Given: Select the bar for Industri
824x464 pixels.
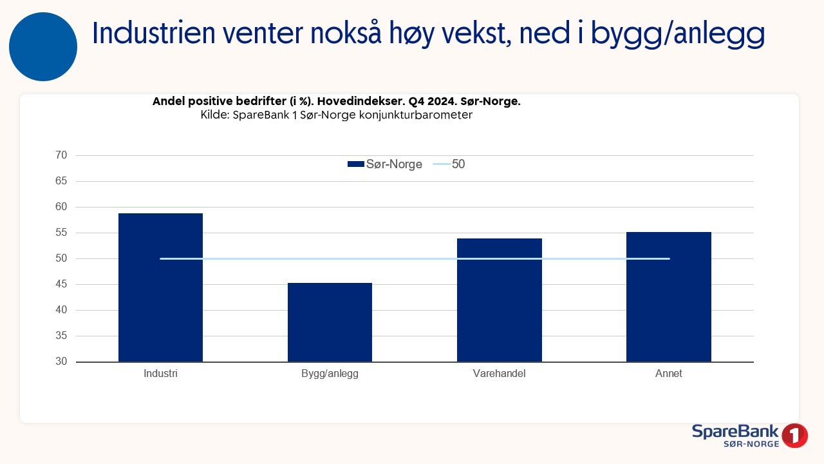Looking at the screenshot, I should (x=160, y=287).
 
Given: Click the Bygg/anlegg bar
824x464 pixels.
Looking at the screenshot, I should (x=330, y=322).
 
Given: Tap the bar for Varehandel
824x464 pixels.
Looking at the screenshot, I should (x=499, y=300).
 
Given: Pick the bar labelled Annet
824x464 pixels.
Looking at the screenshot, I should (x=668, y=297).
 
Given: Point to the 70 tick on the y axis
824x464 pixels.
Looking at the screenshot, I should (x=62, y=155).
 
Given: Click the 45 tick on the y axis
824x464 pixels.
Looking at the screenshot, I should (x=62, y=284).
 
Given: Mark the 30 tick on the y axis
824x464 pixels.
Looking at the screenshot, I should (x=62, y=362).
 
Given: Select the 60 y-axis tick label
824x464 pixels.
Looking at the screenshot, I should (x=62, y=207).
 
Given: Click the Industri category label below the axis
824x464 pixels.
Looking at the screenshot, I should (x=160, y=374).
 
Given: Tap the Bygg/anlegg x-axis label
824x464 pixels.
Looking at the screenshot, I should (x=330, y=374).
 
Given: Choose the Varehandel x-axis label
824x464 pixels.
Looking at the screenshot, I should (x=499, y=374).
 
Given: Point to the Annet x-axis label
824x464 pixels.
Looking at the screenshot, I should (x=668, y=374).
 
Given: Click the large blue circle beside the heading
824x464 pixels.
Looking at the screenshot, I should (x=43, y=47).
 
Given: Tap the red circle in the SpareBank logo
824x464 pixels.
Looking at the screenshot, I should (x=795, y=436).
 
